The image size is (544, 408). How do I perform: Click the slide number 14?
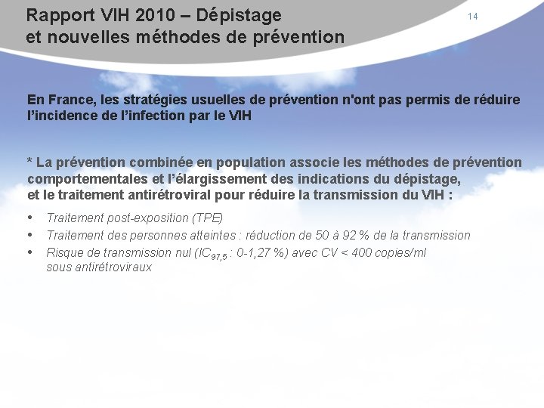point(472,17)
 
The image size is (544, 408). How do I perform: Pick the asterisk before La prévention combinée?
point(30,162)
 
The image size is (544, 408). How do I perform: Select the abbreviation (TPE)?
point(208,218)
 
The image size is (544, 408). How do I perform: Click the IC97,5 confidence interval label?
point(209,253)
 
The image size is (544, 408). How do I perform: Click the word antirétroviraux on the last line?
point(99,267)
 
